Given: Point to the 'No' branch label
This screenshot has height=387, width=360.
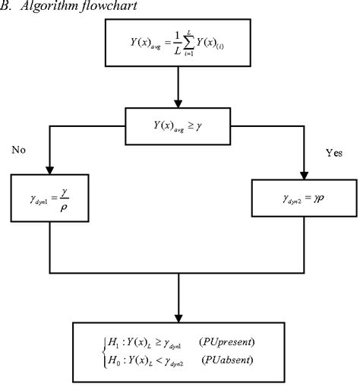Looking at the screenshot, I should [x=20, y=150].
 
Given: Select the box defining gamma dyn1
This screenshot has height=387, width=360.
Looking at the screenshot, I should [x=50, y=201].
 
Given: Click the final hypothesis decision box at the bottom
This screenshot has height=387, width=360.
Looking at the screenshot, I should [x=179, y=347].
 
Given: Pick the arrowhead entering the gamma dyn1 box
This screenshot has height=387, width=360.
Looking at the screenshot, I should [x=49, y=171].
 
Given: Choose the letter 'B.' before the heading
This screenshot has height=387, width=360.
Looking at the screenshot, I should [x=5, y=7].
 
